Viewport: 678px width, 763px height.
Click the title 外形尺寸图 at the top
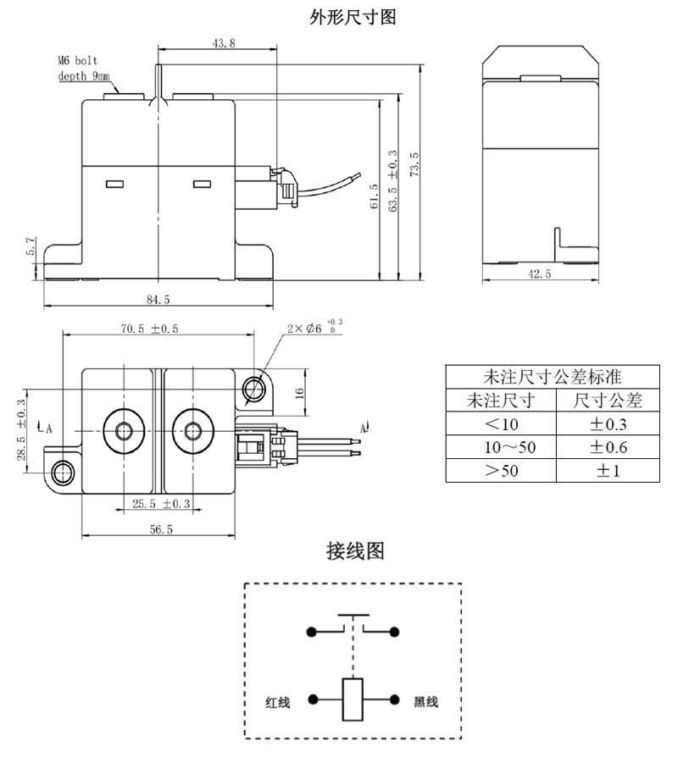[x=353, y=17]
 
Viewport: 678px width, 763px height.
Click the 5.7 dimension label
[x=31, y=246]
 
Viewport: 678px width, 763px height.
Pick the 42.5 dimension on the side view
[x=539, y=274]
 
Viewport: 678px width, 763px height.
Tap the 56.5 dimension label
[x=158, y=529]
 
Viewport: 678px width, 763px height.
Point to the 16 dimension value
[x=298, y=392]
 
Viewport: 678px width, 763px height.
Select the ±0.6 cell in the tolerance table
[x=608, y=446]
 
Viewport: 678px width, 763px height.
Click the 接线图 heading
[x=355, y=551]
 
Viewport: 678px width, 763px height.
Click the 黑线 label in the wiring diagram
[x=425, y=702]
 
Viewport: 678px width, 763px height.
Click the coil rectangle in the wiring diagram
[x=353, y=699]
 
